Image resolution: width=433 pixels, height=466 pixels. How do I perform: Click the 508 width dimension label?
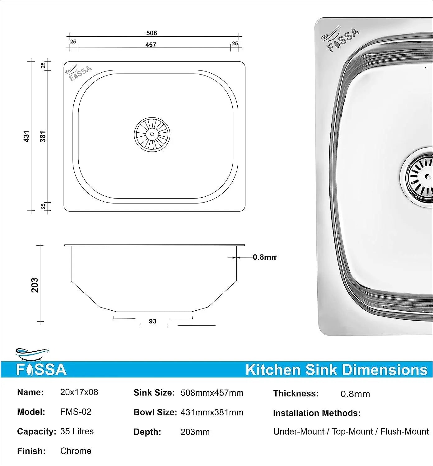tap(151, 33)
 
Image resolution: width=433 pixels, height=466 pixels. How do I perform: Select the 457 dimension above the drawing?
tap(151, 45)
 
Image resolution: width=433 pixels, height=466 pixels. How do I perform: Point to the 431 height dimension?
tap(26, 136)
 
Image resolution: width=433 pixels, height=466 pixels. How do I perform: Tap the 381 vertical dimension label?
tap(43, 136)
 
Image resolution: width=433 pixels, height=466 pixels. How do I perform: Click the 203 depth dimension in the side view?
tap(35, 285)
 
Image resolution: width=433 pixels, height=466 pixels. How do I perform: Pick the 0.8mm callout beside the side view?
tap(264, 257)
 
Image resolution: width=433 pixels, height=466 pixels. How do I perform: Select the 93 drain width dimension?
tap(152, 321)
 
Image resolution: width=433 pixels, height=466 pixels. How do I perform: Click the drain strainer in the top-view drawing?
tap(152, 134)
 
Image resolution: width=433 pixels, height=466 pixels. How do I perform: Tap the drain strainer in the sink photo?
tap(418, 177)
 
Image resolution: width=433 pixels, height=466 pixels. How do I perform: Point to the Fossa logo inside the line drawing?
tap(79, 73)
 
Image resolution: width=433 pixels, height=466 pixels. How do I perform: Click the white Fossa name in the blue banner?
tap(41, 370)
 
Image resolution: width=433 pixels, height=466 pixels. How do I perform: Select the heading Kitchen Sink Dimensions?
tap(336, 370)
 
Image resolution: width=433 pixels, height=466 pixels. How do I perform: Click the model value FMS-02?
tap(76, 412)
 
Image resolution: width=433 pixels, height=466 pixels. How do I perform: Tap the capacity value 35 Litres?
tap(77, 431)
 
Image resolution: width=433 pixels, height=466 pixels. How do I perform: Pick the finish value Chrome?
tap(76, 451)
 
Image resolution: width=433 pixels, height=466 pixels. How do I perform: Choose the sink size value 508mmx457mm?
tap(212, 393)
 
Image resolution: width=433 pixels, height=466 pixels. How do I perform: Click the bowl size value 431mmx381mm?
tap(212, 412)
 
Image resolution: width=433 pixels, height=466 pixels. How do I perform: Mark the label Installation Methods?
tap(317, 413)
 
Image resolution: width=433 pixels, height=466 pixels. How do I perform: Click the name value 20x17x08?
tap(79, 392)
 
